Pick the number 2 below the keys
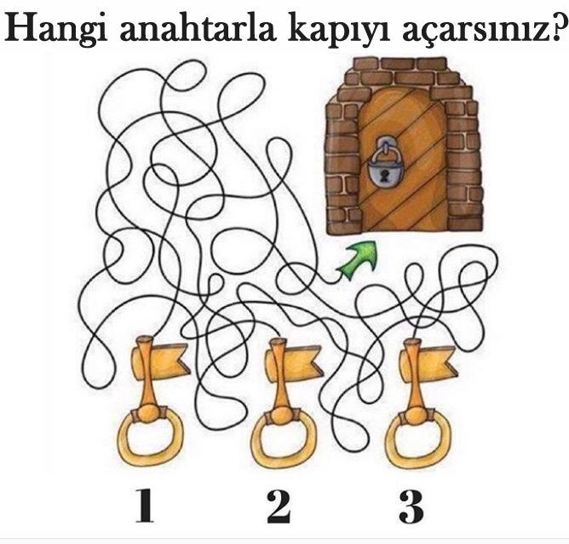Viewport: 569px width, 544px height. point(279,506)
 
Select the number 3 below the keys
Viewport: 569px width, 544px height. point(411,506)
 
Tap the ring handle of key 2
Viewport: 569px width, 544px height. point(281,445)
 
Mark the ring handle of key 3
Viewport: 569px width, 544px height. point(415,445)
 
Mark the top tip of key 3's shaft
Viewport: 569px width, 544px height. point(413,342)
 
